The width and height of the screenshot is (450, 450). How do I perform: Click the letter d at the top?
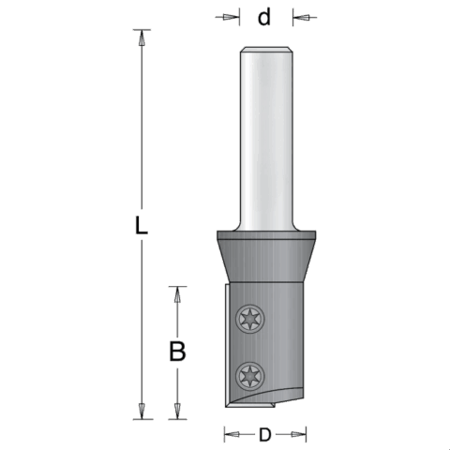point(264,17)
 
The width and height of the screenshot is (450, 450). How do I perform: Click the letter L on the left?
point(141,225)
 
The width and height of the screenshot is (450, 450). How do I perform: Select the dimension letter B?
point(177,352)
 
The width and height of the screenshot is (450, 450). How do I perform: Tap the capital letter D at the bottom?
point(264,435)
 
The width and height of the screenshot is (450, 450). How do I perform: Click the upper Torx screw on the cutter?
point(250,320)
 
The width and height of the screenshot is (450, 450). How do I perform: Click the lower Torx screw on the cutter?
point(250,376)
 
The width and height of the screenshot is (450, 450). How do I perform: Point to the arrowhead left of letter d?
point(232,17)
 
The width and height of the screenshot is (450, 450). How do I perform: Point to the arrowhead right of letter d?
point(300,17)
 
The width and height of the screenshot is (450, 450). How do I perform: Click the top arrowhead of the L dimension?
point(142,37)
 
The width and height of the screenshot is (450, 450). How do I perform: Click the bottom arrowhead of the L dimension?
point(142,411)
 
